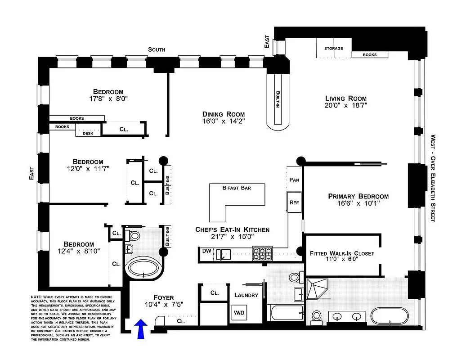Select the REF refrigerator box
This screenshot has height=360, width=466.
[294, 202]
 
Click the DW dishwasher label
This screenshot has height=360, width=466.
[206, 251]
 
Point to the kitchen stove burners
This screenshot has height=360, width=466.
[262, 254]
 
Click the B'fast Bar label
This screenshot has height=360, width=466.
[237, 188]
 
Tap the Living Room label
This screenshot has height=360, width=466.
[345, 99]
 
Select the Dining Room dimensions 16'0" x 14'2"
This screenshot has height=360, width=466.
[224, 121]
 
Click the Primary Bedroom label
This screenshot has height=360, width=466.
[358, 196]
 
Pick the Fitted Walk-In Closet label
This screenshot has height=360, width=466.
[342, 253]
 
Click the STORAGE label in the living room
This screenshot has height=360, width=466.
[333, 49]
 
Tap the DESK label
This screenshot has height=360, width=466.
[88, 133]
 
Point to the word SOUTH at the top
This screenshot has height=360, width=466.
[157, 49]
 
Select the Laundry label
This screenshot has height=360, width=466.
[246, 295]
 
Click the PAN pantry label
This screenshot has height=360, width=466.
[294, 180]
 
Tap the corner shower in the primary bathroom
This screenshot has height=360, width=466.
[318, 290]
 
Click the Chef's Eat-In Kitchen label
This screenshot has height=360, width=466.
[232, 229]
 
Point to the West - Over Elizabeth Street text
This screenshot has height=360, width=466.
[433, 178]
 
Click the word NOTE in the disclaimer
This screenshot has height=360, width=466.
[36, 297]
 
